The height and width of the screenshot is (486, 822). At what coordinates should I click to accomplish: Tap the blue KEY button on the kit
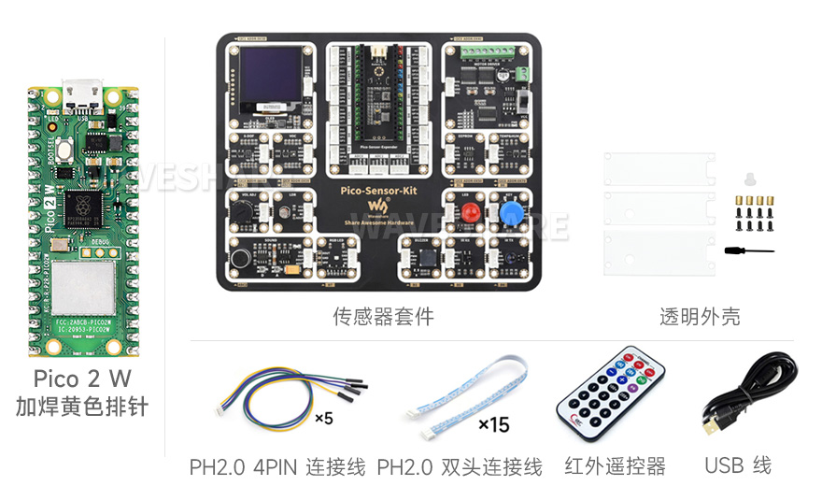click(x=510, y=215)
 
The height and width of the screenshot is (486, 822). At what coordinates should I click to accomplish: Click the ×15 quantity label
click(x=493, y=425)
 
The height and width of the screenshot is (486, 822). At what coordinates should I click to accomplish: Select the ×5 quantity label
click(x=323, y=418)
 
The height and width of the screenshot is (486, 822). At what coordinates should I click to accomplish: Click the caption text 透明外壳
click(x=700, y=317)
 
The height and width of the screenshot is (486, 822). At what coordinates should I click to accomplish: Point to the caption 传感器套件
click(x=383, y=317)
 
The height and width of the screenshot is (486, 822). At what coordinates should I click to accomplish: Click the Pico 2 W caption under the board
click(x=82, y=379)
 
